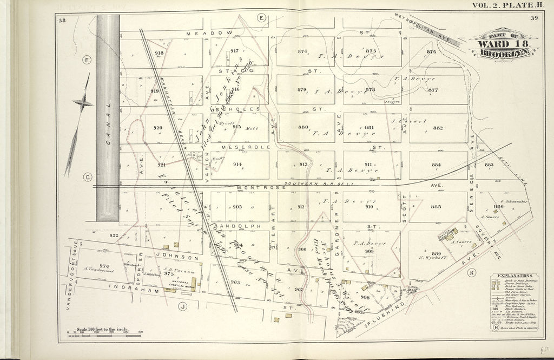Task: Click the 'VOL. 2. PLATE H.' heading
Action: pyautogui.click(x=501, y=5)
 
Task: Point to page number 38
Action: pyautogui.click(x=62, y=21)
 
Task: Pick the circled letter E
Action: pyautogui.click(x=261, y=18)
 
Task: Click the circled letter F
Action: pyautogui.click(x=86, y=59)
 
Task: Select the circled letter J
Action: pyautogui.click(x=183, y=307)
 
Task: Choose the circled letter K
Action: pyautogui.click(x=471, y=272)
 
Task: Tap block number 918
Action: pyautogui.click(x=159, y=53)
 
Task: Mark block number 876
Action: pyautogui.click(x=431, y=52)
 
